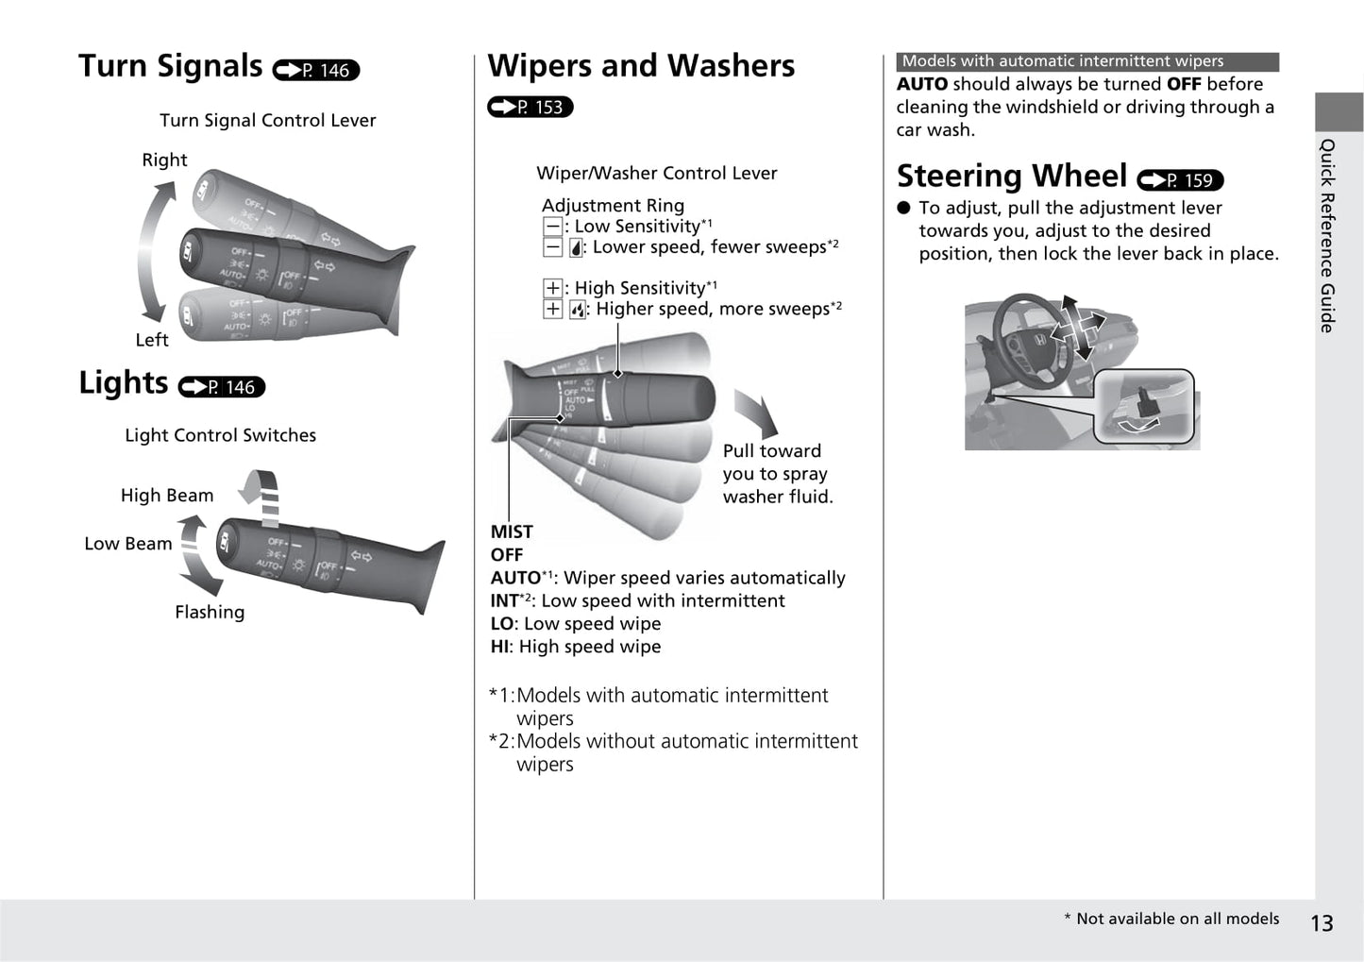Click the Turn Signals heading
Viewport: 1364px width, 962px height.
coord(171,66)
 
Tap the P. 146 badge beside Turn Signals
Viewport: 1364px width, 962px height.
coord(316,71)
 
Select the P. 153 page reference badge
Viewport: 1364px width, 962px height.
coord(530,108)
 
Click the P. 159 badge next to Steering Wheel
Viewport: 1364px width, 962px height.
coord(1180,180)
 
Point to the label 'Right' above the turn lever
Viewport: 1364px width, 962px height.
coord(164,160)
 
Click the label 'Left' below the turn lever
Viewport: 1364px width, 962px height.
coord(151,340)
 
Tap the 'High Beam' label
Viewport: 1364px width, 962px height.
coord(167,496)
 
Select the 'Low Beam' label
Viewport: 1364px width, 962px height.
coord(128,544)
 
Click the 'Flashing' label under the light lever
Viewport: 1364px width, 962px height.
coord(210,613)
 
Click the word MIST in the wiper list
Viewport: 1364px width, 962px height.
coord(512,532)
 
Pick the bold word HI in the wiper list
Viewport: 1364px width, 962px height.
coord(499,647)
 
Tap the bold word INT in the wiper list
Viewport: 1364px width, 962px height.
coord(504,601)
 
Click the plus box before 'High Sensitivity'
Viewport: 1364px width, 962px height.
coord(552,288)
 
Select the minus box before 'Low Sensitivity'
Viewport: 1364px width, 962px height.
coord(552,227)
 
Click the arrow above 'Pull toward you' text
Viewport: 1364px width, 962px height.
coord(756,413)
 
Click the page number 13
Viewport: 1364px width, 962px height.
coord(1322,923)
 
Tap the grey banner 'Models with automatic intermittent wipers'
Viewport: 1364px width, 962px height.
coord(1087,61)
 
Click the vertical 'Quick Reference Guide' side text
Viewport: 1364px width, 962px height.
coord(1327,235)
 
